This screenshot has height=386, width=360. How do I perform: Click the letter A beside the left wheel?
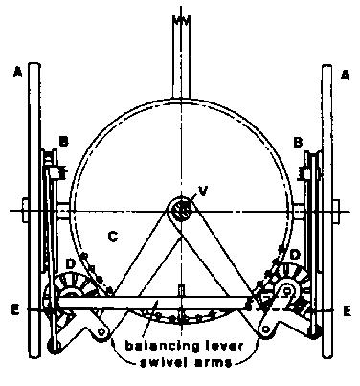tap(18, 73)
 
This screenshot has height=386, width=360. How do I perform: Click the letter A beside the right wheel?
tap(345, 76)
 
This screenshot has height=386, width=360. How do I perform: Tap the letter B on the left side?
tap(64, 142)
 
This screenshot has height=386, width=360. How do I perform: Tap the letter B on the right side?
tap(298, 142)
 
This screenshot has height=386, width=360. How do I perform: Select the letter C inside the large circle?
tap(113, 237)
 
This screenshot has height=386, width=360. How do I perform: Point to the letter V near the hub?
tap(203, 191)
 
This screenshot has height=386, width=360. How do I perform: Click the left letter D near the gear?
tap(70, 264)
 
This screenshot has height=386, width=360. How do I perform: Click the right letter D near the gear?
tap(295, 255)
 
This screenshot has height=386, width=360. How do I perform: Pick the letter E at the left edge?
tap(15, 310)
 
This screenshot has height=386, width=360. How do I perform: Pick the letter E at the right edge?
tap(347, 311)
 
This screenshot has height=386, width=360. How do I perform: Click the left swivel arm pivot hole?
tap(101, 331)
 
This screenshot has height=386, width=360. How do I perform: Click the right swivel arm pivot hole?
tap(265, 329)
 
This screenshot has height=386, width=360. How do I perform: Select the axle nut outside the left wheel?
tap(25, 211)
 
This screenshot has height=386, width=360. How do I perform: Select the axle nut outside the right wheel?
tap(336, 211)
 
